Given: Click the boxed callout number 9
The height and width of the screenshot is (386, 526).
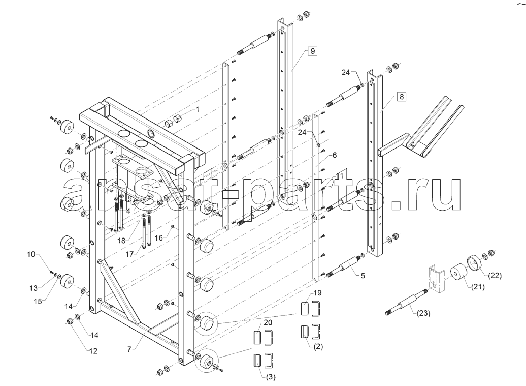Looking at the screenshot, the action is [x=312, y=51].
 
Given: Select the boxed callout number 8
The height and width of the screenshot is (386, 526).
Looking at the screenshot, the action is [x=401, y=97].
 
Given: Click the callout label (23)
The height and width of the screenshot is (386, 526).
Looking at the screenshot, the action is [x=423, y=313].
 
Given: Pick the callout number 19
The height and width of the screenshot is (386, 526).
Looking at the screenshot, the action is [x=317, y=293].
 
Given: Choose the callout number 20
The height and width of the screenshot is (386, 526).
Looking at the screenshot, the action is [x=268, y=322].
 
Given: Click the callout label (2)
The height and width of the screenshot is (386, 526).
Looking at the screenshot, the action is [x=318, y=347].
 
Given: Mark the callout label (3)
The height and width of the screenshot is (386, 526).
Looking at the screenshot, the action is [x=271, y=377].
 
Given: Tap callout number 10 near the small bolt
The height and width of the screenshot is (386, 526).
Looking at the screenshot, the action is [x=31, y=254].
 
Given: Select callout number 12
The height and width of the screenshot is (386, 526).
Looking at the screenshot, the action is [x=93, y=351].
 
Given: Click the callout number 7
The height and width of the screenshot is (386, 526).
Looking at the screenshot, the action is [x=129, y=349].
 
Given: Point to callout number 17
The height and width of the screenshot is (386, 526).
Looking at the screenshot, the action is [x=129, y=254].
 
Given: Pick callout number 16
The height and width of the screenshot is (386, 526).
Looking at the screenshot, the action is [x=159, y=238].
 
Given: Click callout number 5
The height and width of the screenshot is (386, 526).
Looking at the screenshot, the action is [x=363, y=276].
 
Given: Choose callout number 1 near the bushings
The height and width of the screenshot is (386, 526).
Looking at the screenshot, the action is [x=198, y=109].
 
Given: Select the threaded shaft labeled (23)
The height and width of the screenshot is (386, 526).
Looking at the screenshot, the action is [x=406, y=303].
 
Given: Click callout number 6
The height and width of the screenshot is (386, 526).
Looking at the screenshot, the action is [x=335, y=155].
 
